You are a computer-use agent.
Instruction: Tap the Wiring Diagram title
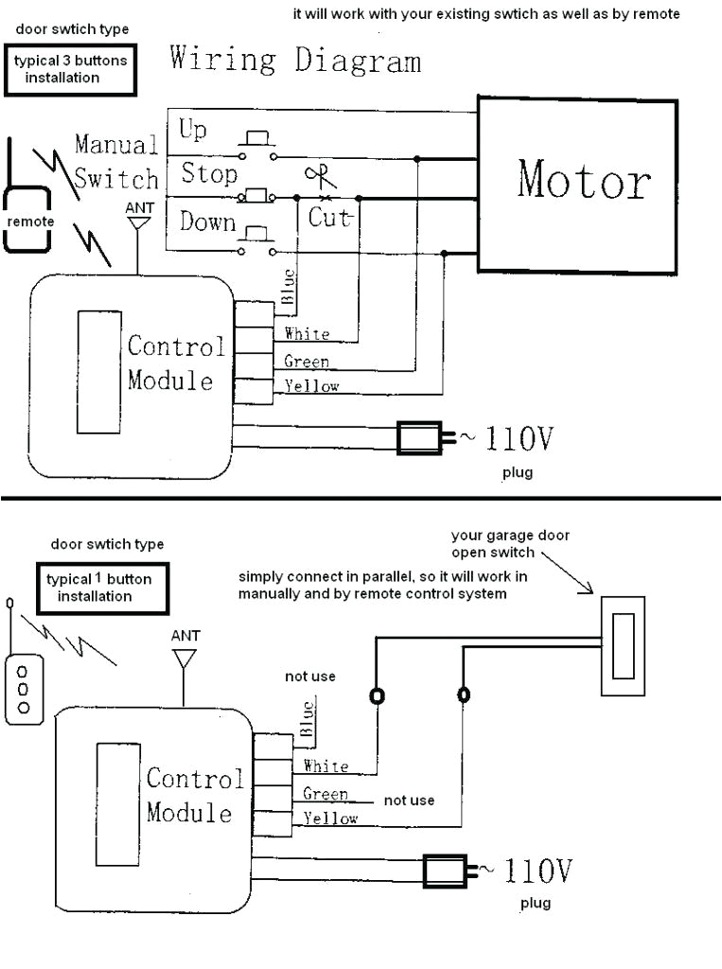coord(295,61)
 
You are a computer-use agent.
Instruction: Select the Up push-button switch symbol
coord(257,143)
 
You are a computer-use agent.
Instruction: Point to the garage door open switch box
coord(622,645)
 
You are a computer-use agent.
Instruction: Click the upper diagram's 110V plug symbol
coord(423,437)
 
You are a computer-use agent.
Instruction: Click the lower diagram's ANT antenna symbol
coord(185,658)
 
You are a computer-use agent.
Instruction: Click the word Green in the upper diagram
coord(307,361)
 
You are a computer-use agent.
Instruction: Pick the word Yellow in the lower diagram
coord(330,819)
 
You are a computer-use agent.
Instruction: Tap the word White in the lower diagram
coord(326,766)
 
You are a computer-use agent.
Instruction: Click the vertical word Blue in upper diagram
coord(290,287)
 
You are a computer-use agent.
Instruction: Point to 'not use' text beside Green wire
coord(409,801)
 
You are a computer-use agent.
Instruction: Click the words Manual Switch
coord(116,162)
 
